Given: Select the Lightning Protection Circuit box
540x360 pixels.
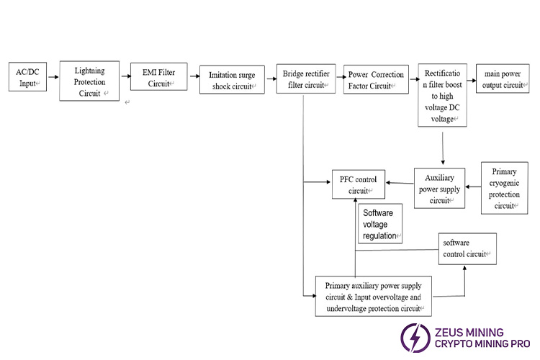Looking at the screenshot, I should [89, 81].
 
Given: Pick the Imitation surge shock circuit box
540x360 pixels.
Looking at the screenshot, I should [232, 80].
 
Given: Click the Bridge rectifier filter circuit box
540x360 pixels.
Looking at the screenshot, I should [305, 79].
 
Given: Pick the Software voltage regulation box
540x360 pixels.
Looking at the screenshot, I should [379, 224].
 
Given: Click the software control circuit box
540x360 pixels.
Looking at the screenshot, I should [467, 248].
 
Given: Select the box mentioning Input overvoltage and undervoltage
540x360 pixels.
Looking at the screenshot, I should [374, 296].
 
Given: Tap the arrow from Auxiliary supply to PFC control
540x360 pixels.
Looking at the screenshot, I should [400, 184].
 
